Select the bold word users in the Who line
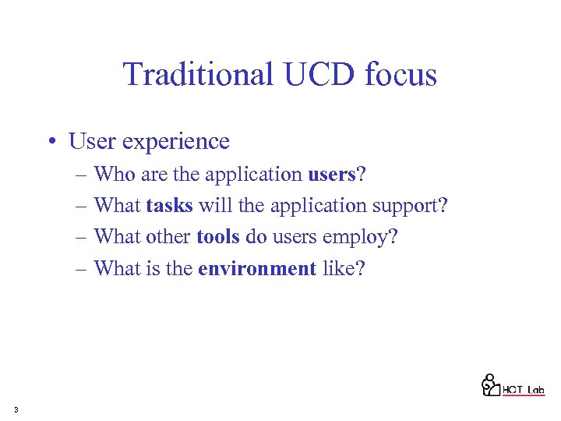(331, 175)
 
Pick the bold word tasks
(169, 206)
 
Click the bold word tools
(218, 237)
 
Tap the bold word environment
(257, 269)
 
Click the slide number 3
(16, 409)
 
